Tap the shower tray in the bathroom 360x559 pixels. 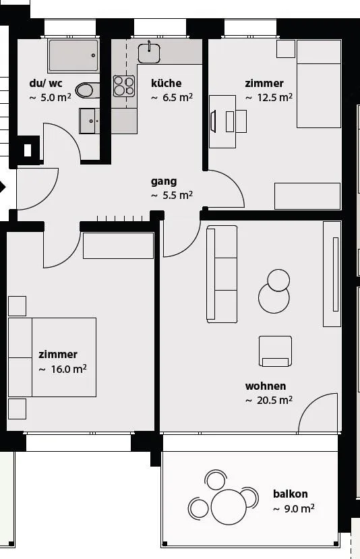pos(73,55)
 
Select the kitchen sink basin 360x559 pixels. pos(149,53)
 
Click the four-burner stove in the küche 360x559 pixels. pos(124,86)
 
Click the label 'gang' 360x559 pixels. pos(164,181)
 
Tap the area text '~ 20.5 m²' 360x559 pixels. pos(269,401)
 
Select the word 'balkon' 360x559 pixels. pos(290,494)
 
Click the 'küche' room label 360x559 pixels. pos(166,83)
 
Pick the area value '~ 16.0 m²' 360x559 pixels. pos(63,369)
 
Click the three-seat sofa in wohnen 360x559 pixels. pos(222,274)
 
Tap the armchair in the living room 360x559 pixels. pos(275,351)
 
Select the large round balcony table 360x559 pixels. pos(229,507)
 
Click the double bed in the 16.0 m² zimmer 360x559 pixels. pos(52,357)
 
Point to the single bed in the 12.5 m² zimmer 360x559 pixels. pos(319,84)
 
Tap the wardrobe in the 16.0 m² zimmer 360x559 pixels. pos(119,245)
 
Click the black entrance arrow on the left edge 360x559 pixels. pos(3,187)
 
